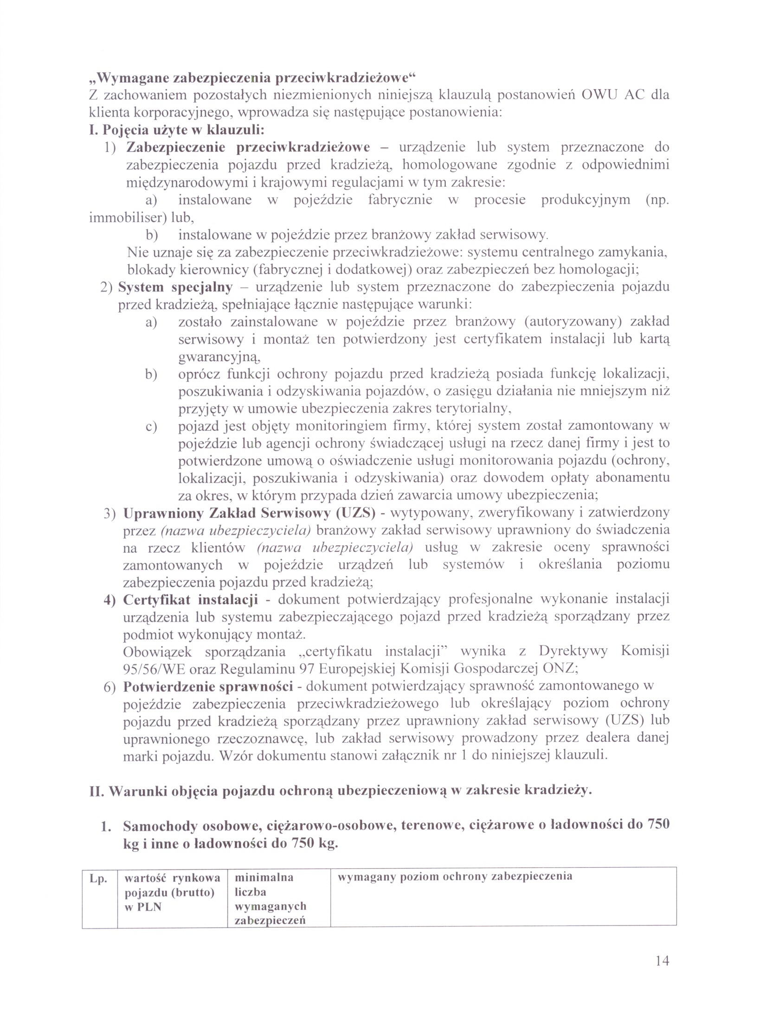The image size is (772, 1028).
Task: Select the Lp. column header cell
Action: coord(98,879)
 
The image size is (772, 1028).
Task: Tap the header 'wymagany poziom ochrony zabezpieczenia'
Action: coord(454,876)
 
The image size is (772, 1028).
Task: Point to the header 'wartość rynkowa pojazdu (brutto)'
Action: coord(172,892)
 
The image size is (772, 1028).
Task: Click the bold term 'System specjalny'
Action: coord(175,287)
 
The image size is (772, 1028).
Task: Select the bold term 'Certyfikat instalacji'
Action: coord(190,600)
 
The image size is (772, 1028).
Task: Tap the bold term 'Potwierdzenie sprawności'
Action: coord(208,686)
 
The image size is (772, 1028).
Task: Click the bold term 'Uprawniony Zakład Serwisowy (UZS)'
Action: coord(249,513)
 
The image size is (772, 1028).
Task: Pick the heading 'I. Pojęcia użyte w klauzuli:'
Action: coord(177,130)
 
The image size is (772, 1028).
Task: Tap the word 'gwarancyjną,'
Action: coord(219,357)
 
